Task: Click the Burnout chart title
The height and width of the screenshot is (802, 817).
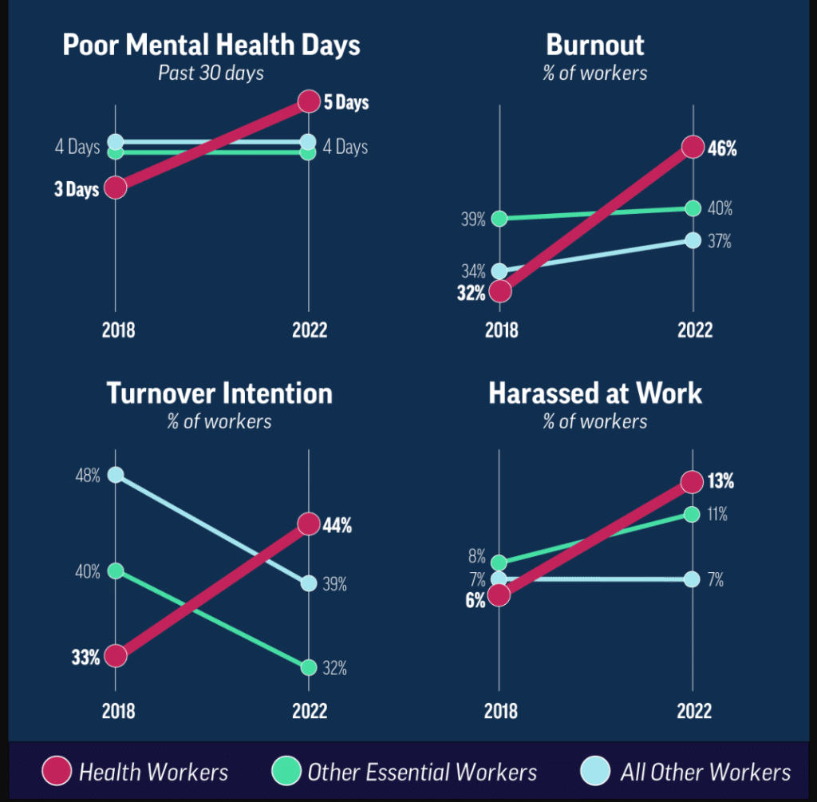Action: click(x=595, y=44)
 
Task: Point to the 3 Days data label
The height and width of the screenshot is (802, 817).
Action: click(x=77, y=189)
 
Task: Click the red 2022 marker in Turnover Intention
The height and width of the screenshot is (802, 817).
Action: click(x=309, y=524)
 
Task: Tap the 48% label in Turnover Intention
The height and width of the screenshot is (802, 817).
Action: click(x=87, y=476)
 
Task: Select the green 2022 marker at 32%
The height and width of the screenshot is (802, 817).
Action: click(x=309, y=667)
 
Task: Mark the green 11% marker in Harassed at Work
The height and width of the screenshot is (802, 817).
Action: click(x=693, y=514)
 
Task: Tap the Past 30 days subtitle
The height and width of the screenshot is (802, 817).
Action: click(x=211, y=73)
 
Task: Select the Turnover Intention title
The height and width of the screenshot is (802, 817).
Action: click(x=219, y=393)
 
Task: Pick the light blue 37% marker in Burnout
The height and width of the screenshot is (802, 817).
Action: click(x=693, y=241)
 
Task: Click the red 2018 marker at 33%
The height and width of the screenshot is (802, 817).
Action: click(x=116, y=656)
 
